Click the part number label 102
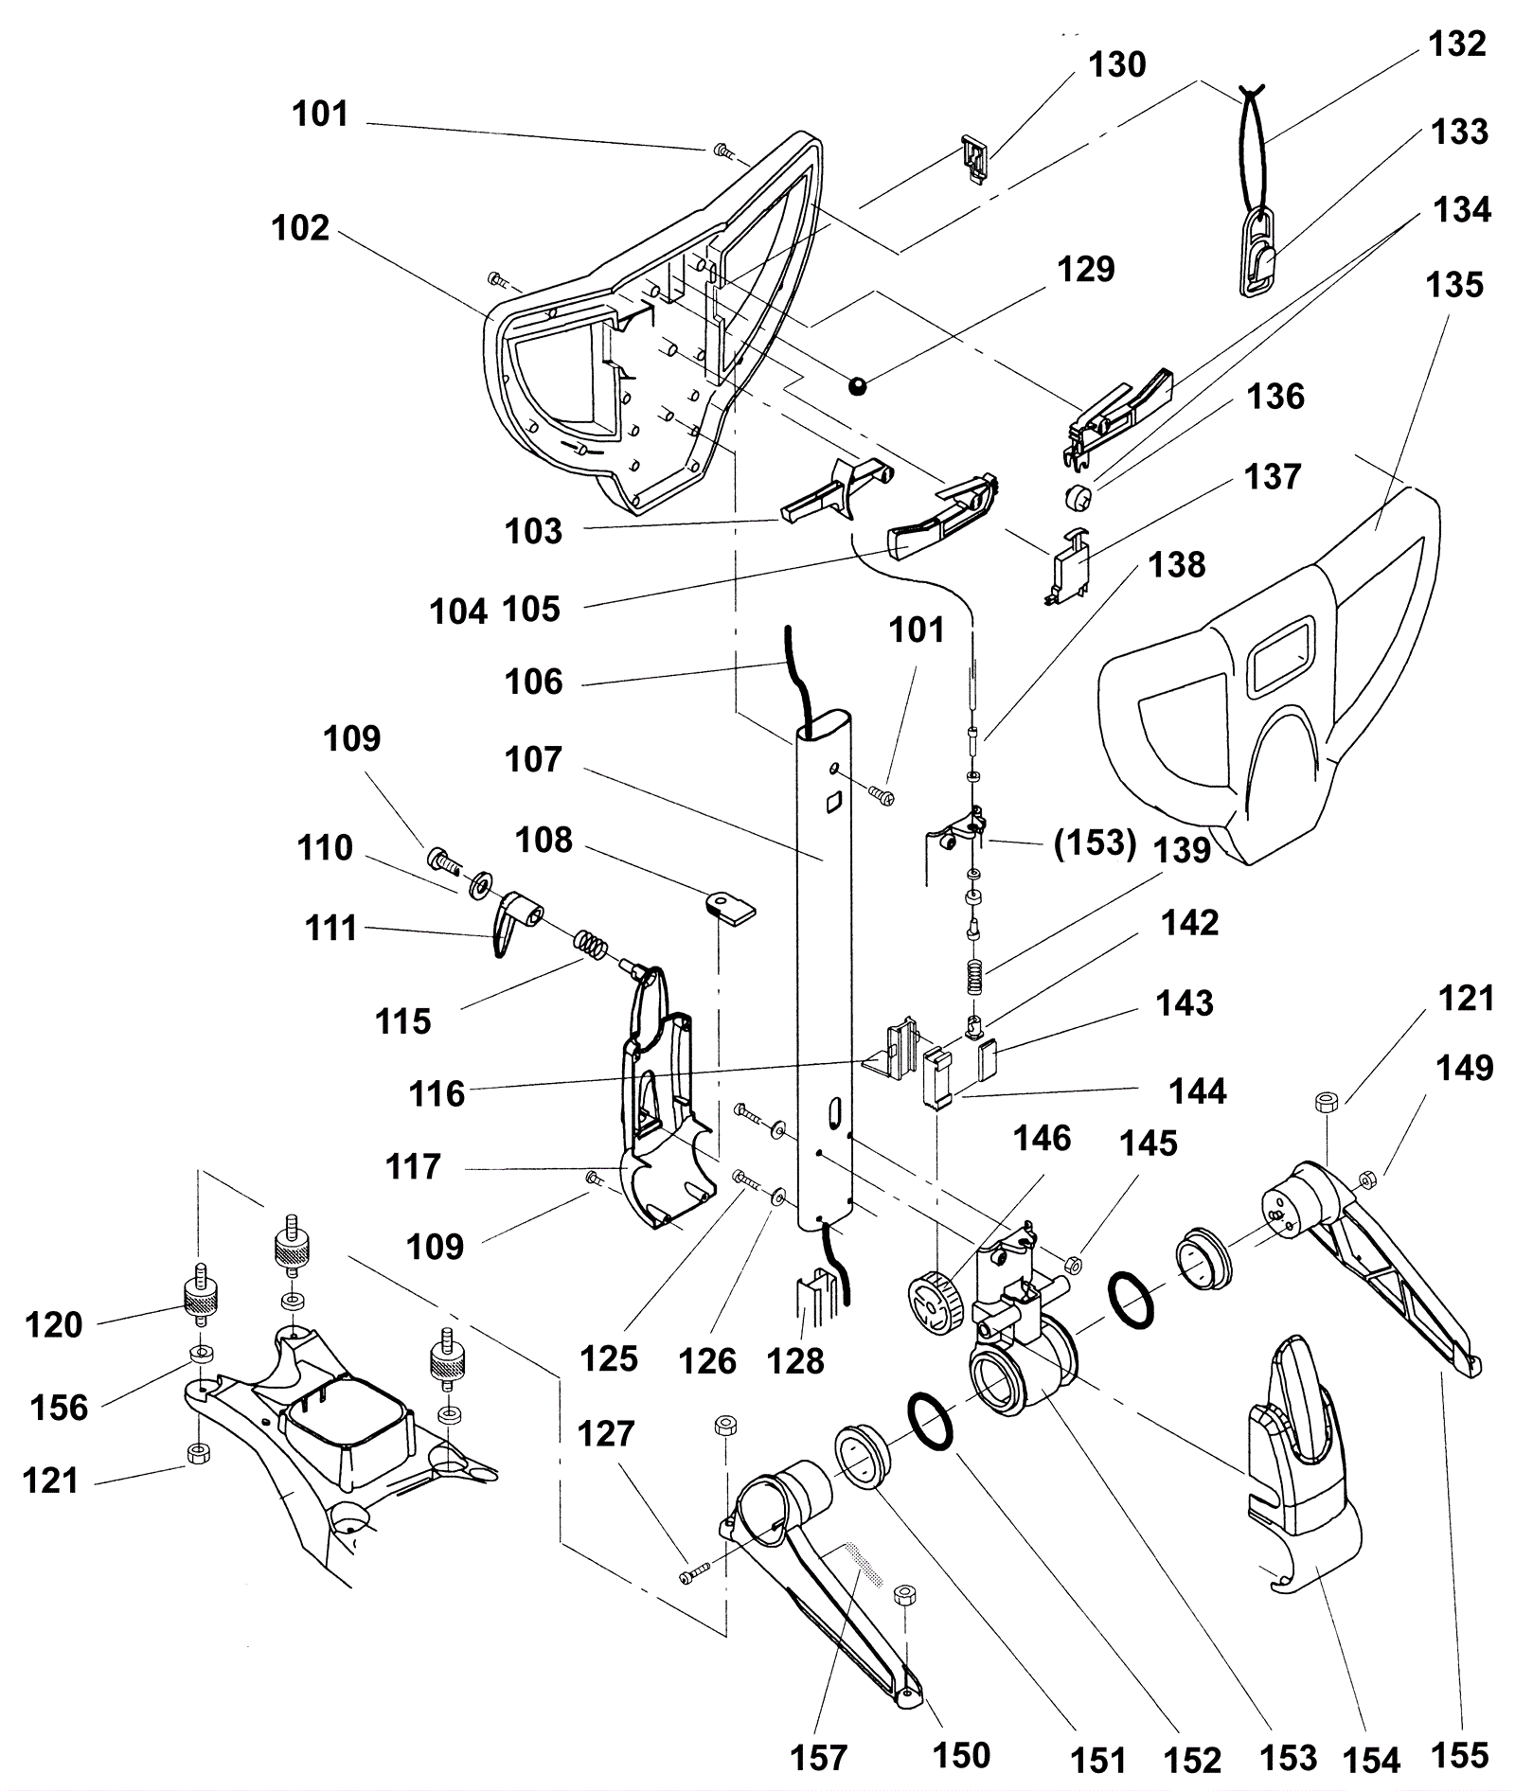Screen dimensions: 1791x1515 click(300, 229)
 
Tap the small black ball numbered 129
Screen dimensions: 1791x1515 click(858, 385)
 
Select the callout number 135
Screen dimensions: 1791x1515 click(1454, 285)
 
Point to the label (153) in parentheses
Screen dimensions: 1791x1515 click(1095, 842)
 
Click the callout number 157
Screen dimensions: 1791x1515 click(818, 1758)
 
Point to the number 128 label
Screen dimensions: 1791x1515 click(796, 1360)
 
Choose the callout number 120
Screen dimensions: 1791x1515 click(54, 1324)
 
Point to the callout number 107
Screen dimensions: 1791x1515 click(534, 759)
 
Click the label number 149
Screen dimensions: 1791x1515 click(1465, 1068)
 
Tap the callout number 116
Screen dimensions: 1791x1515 click(437, 1094)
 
